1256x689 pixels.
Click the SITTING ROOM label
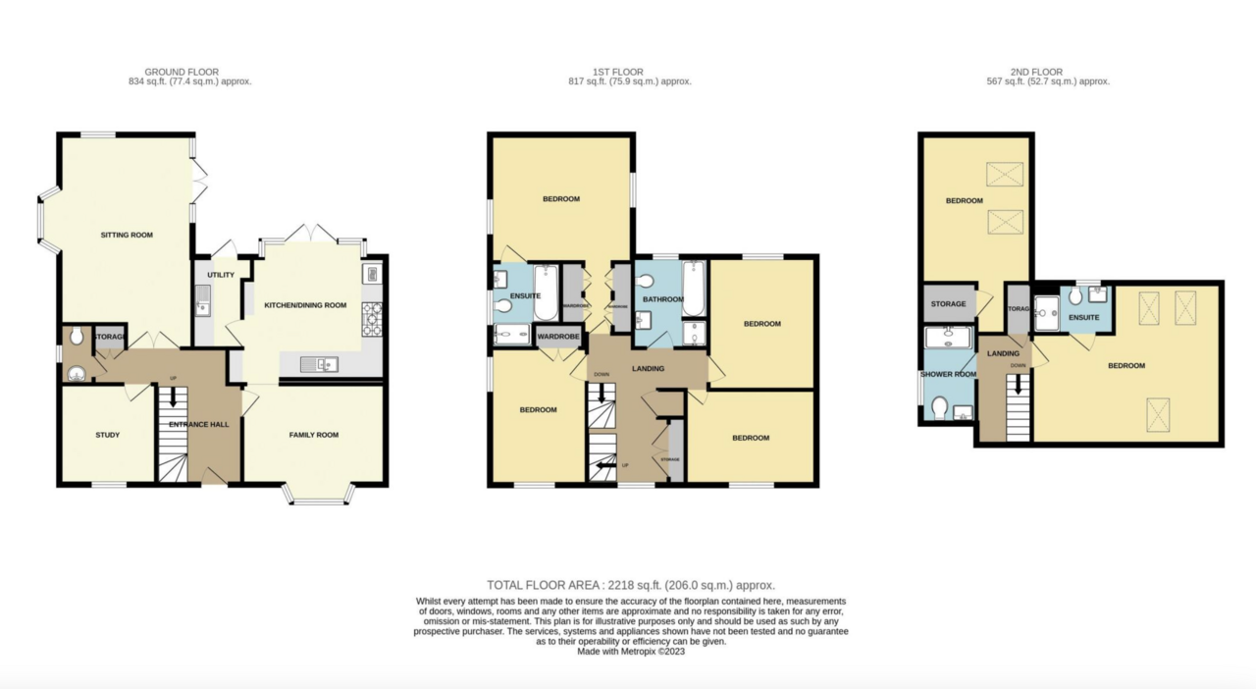click(127, 236)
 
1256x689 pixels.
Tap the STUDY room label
click(107, 435)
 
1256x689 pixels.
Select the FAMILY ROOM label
click(313, 435)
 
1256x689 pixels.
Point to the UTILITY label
click(221, 275)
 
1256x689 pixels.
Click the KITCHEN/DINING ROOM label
click(305, 305)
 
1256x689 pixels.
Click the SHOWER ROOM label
click(947, 374)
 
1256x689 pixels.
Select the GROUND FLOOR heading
click(182, 72)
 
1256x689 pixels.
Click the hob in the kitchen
click(373, 318)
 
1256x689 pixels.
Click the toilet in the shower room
click(940, 405)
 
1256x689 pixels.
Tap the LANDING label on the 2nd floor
click(1003, 353)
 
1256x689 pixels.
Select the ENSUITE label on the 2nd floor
click(1083, 318)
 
